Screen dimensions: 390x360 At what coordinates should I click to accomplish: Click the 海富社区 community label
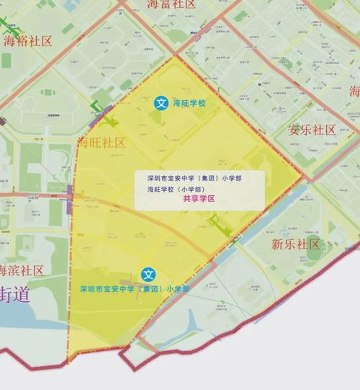tap(171, 4)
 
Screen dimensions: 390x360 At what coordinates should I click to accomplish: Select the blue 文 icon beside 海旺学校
tap(162, 104)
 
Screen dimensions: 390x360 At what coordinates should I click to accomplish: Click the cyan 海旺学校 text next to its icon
tap(189, 104)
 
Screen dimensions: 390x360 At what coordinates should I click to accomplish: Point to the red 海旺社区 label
tap(102, 142)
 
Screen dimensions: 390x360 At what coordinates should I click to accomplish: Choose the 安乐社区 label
tap(312, 130)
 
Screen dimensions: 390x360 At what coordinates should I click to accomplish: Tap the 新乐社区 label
tap(295, 244)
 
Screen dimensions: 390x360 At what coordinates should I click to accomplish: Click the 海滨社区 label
tap(22, 270)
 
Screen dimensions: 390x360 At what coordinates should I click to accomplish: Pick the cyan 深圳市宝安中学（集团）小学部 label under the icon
tap(135, 288)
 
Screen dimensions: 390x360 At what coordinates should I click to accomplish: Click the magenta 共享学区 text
tap(199, 200)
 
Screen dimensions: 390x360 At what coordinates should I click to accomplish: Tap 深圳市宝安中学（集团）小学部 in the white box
tap(194, 177)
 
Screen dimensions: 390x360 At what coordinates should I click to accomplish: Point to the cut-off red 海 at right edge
tap(354, 92)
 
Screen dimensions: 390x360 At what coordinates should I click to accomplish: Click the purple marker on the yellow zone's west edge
tap(70, 194)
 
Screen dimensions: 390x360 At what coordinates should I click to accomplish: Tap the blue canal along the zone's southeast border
tap(238, 245)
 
